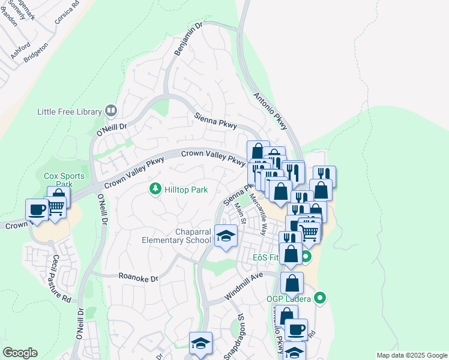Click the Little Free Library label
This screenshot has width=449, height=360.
pyautogui.click(x=69, y=111)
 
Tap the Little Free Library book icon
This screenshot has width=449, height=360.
pyautogui.click(x=110, y=110)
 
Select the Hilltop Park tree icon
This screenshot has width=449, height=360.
pyautogui.click(x=155, y=190)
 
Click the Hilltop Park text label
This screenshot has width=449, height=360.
pyautogui.click(x=187, y=190)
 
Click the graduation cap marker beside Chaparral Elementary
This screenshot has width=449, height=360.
pyautogui.click(x=226, y=236)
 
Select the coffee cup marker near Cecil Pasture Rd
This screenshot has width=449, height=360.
pyautogui.click(x=37, y=209)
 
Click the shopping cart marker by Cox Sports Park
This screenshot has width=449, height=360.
pyautogui.click(x=55, y=207)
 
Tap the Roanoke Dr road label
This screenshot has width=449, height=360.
pyautogui.click(x=138, y=278)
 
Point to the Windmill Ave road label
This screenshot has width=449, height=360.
pyautogui.click(x=244, y=287)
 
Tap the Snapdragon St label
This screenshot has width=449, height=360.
pyautogui.click(x=234, y=336)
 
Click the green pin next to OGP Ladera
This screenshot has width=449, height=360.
pyautogui.click(x=320, y=298)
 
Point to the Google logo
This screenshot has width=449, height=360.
pyautogui.click(x=20, y=353)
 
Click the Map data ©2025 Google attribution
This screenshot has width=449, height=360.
pyautogui.click(x=411, y=355)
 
